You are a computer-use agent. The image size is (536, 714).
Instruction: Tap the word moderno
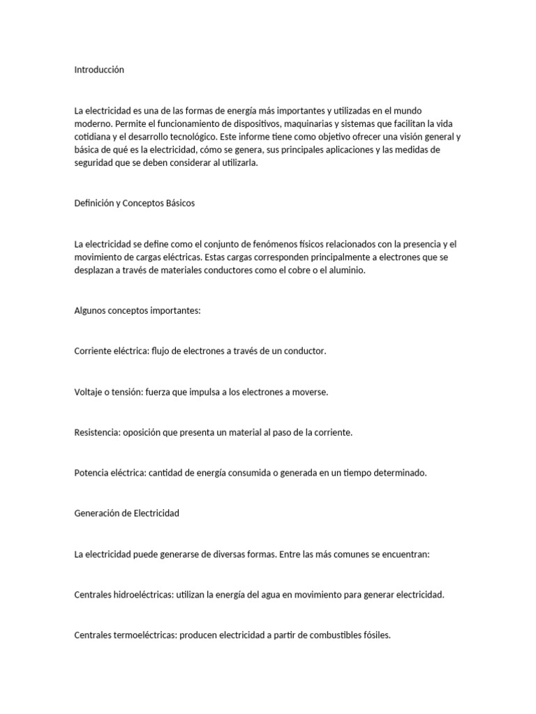click(92, 123)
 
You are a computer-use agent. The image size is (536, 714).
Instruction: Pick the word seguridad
click(95, 163)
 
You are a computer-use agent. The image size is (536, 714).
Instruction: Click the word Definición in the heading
click(94, 204)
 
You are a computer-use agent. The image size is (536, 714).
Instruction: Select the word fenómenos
click(261, 244)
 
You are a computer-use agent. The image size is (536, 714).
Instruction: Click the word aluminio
click(343, 271)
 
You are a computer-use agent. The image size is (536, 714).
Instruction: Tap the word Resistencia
click(97, 432)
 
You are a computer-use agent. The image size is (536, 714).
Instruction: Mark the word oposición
click(144, 432)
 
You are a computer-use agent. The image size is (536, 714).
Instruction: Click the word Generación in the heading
click(98, 513)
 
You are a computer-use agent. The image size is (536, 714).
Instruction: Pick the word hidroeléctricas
click(140, 595)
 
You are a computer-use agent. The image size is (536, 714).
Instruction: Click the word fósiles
click(377, 636)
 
